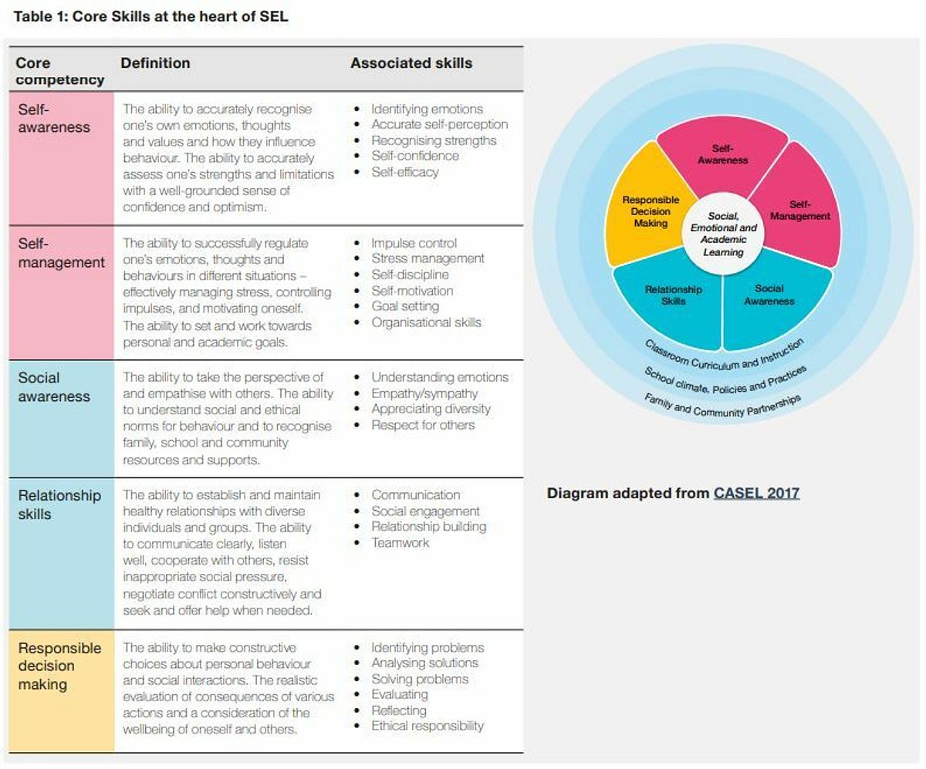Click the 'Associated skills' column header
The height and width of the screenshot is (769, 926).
(411, 63)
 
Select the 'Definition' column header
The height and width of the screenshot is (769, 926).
(155, 63)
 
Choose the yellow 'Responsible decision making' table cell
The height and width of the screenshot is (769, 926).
(61, 690)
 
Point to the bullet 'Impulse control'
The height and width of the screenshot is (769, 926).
(414, 243)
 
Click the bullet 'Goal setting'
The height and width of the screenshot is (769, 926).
(405, 306)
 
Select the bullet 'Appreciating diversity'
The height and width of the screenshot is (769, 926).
(431, 409)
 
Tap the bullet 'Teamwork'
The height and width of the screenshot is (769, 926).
(400, 542)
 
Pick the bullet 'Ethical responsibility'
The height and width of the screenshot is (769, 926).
(428, 726)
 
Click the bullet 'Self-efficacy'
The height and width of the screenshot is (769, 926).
(405, 172)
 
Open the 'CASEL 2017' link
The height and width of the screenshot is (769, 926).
(756, 493)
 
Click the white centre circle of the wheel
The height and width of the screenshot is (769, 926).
(723, 234)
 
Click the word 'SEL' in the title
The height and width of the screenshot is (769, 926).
(274, 16)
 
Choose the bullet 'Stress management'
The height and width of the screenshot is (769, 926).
(428, 258)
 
